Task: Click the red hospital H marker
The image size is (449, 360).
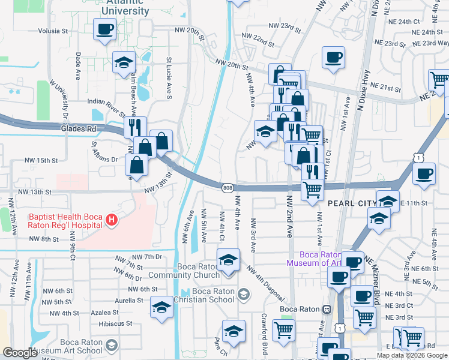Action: pyautogui.click(x=110, y=221)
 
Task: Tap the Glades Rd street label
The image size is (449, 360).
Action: pyautogui.click(x=79, y=128)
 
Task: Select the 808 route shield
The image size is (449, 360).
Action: pyautogui.click(x=228, y=188)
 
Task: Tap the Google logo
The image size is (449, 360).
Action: pyautogui.click(x=20, y=353)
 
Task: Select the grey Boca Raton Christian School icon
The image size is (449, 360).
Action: pyautogui.click(x=243, y=294)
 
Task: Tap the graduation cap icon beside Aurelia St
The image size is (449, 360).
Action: pyautogui.click(x=161, y=307)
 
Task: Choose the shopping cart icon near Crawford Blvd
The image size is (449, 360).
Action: pyautogui.click(x=283, y=330)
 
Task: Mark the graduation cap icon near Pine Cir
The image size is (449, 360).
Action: pyautogui.click(x=234, y=331)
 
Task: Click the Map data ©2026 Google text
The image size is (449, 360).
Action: pyautogui.click(x=412, y=355)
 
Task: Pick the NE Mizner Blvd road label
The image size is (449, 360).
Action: pyautogui.click(x=378, y=289)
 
